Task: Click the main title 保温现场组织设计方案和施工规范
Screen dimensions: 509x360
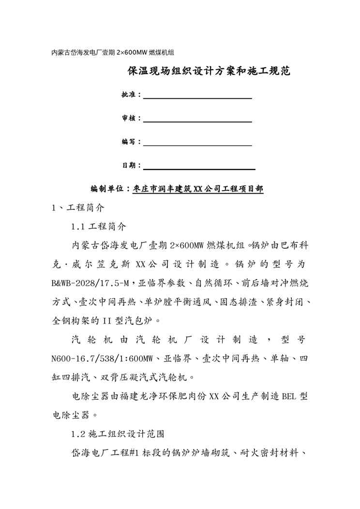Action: [x=209, y=71]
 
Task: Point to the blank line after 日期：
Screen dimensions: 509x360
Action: [x=199, y=168]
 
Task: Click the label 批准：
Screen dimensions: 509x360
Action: [x=131, y=94]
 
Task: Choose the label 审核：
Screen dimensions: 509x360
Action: [x=131, y=118]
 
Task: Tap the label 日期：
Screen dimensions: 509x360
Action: [x=131, y=165]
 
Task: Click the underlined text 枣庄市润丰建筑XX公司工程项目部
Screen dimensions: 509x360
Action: [x=197, y=189]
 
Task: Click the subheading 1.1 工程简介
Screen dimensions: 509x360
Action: [x=99, y=226]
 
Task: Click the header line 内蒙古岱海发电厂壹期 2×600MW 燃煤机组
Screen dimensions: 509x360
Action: [x=113, y=52]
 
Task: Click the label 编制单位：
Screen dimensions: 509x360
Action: [x=111, y=189]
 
